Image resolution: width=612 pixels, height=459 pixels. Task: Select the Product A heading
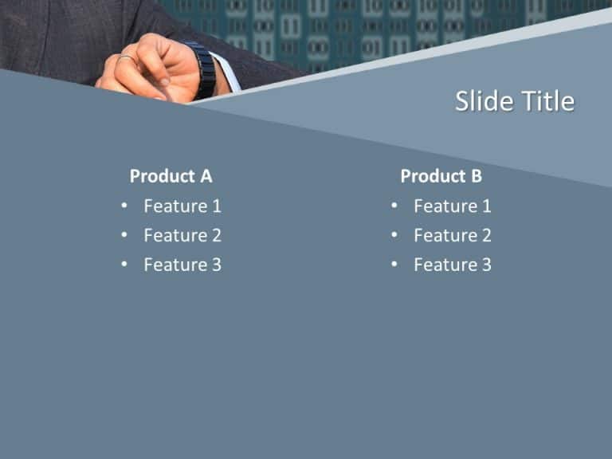click(x=171, y=176)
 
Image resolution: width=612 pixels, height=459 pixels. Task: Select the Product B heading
click(x=441, y=176)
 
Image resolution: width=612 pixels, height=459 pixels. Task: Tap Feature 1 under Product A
click(x=182, y=206)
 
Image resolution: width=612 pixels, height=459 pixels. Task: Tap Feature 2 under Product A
click(x=182, y=235)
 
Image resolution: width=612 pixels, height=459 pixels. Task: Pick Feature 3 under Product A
click(x=182, y=265)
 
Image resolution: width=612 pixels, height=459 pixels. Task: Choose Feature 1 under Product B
click(x=452, y=206)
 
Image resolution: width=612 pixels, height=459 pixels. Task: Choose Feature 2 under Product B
click(x=452, y=235)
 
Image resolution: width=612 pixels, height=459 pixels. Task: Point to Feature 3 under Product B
click(x=452, y=265)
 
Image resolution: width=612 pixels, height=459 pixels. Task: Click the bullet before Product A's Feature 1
click(x=124, y=206)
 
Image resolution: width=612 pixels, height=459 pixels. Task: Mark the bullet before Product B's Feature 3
click(x=394, y=265)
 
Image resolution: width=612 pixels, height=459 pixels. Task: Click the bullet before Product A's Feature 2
click(x=124, y=235)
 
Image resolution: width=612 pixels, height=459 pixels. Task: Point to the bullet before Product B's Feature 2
click(x=394, y=235)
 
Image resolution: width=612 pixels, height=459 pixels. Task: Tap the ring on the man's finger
click(x=126, y=58)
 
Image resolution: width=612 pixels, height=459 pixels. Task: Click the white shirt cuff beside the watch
click(x=226, y=73)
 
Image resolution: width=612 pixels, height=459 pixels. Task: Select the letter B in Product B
click(x=476, y=176)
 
